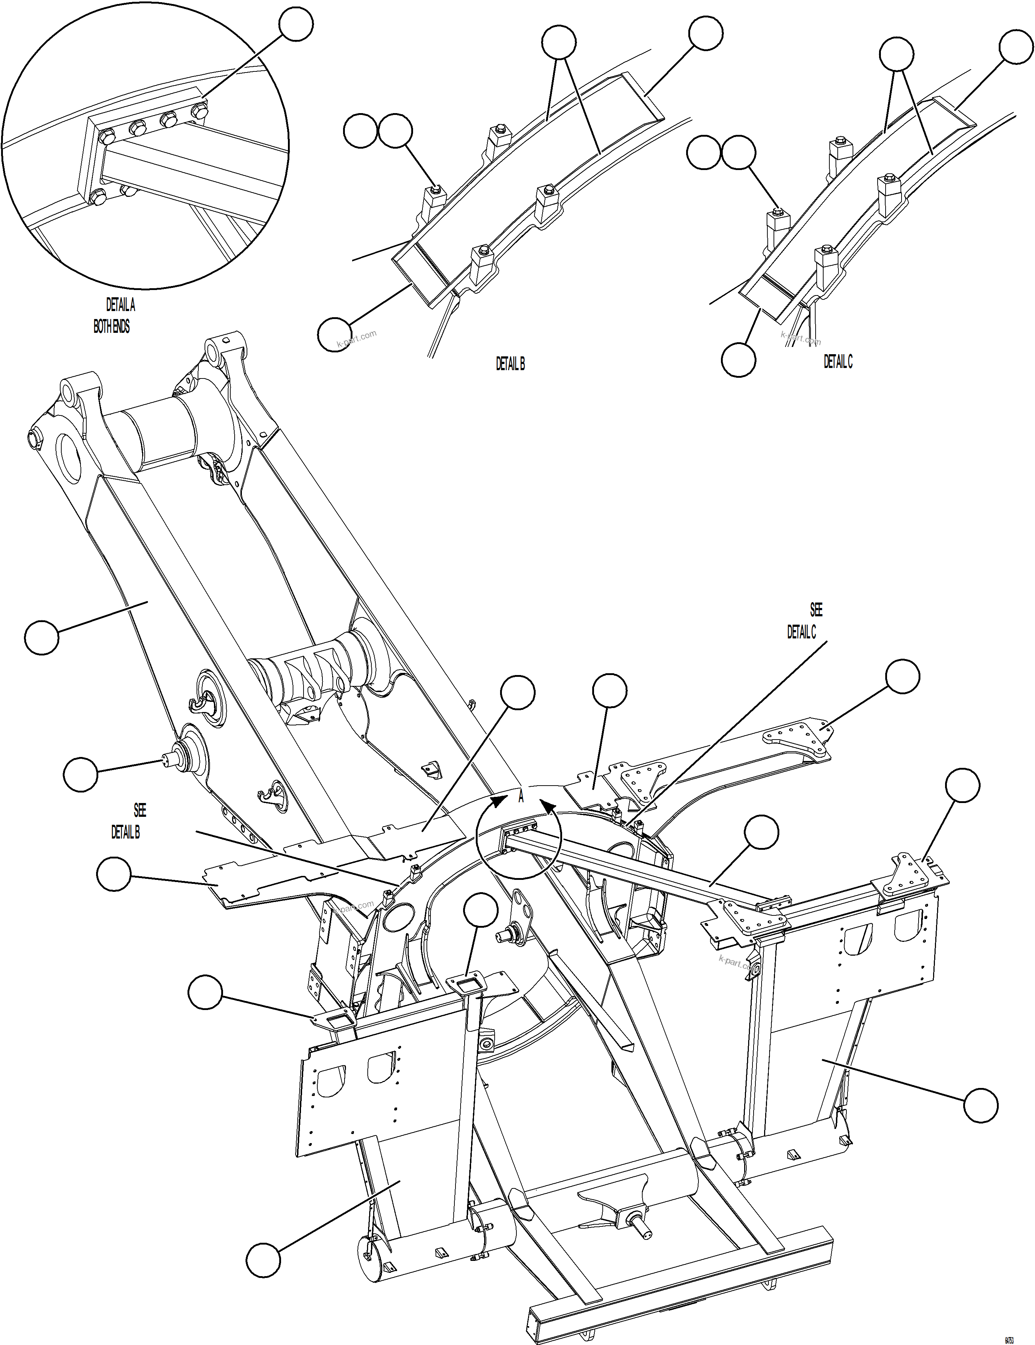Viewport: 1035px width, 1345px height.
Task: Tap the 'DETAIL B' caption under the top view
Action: click(x=510, y=364)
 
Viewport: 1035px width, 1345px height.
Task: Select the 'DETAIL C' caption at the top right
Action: click(x=838, y=362)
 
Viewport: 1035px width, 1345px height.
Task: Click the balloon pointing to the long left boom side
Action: click(x=42, y=637)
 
